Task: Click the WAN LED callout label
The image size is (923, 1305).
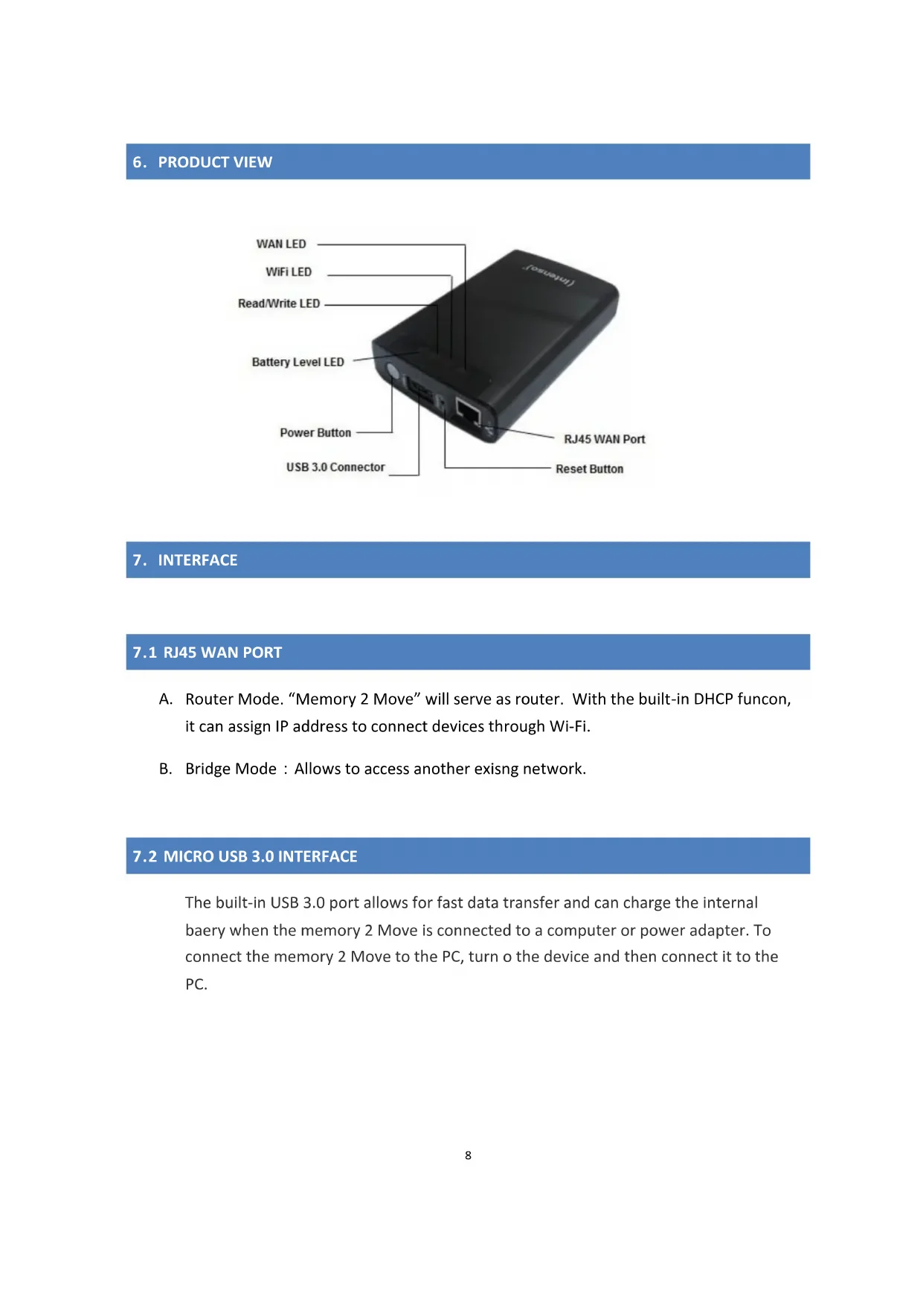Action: [281, 244]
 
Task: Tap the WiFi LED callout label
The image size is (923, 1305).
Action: [289, 272]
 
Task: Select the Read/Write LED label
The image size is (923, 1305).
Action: [279, 304]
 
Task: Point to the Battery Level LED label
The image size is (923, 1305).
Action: [298, 362]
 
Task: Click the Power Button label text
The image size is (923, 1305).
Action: [315, 433]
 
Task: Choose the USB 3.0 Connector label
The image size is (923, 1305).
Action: [335, 467]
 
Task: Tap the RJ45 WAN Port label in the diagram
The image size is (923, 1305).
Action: [604, 439]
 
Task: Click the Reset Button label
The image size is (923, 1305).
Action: [589, 469]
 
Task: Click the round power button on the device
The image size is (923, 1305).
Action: [392, 371]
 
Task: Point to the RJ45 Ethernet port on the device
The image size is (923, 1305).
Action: [468, 410]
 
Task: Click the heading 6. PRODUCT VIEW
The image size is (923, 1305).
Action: [202, 162]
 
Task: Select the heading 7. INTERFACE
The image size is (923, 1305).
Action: [185, 560]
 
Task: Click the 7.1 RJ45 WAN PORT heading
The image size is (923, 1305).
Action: [208, 652]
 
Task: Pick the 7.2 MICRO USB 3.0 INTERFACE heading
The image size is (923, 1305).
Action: [245, 856]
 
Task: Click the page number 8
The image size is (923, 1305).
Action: [468, 1155]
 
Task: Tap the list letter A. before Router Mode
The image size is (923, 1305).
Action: [165, 699]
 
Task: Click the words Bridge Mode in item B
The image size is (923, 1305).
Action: [231, 769]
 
